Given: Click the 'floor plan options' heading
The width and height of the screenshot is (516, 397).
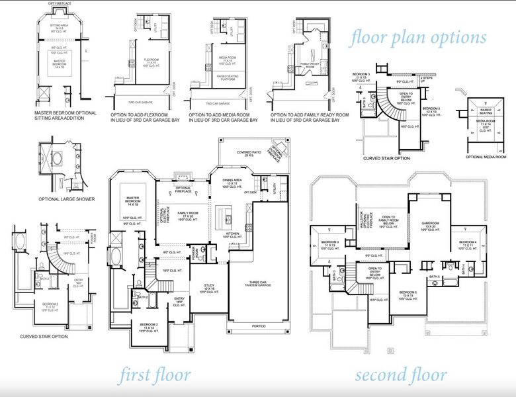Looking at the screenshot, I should point(418,37).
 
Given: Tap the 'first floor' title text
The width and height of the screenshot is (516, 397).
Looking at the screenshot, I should point(155,375).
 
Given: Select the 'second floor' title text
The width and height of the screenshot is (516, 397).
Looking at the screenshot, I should point(401,375).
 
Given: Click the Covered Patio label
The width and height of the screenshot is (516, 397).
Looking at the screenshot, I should point(243,154).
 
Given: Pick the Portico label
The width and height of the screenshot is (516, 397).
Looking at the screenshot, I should point(258,326).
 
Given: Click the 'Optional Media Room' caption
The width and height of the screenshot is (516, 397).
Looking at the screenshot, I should point(490,157).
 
